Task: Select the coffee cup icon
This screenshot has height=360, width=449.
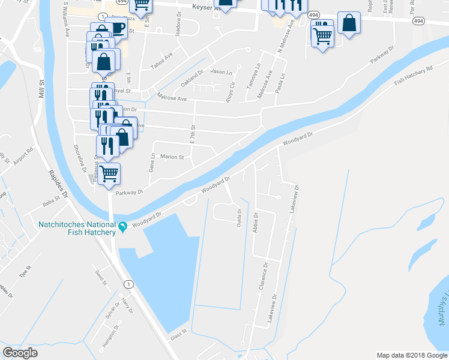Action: [x=117, y=28]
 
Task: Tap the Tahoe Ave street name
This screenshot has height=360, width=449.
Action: [x=161, y=62]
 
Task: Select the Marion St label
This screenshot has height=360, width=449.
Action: [x=172, y=157]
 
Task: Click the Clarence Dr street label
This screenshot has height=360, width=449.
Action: [x=262, y=277]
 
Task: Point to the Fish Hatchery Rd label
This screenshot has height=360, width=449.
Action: [x=414, y=76]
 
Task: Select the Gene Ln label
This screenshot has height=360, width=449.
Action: [x=152, y=163]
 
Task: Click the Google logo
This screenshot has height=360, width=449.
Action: [x=20, y=353]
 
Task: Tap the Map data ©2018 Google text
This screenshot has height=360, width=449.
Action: [x=412, y=355]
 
